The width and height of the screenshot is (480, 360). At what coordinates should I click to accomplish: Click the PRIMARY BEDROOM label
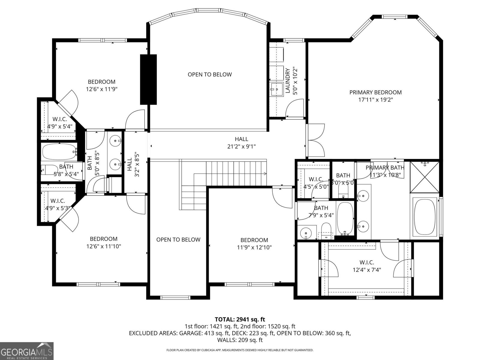coord(375,92)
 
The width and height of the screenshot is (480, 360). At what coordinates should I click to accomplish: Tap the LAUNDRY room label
coord(287,81)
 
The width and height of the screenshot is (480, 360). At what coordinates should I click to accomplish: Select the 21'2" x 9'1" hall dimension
coord(241,147)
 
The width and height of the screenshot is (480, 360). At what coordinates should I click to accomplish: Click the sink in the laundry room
coord(276,89)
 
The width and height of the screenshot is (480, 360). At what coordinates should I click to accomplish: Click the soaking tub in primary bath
coord(424,216)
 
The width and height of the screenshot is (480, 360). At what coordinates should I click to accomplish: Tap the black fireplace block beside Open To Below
coord(148,79)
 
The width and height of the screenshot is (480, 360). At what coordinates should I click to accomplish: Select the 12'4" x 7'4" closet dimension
coord(367,270)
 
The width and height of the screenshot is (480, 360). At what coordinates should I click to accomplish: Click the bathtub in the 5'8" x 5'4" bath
coord(59,152)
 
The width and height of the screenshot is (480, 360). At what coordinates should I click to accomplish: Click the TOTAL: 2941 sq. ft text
coord(240,319)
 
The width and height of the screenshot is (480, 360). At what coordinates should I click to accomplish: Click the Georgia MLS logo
coord(27,351)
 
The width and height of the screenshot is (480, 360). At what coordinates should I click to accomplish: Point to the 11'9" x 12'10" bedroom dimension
coord(254,247)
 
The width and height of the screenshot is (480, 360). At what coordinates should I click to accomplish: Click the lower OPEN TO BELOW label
coord(178,239)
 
